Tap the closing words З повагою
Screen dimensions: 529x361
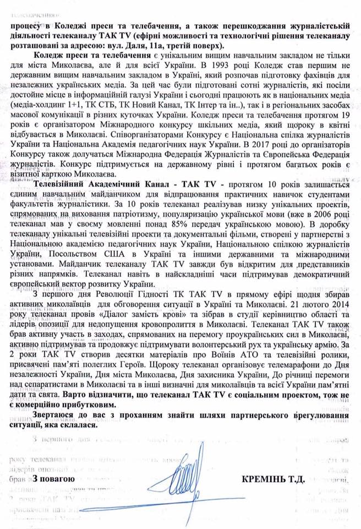click(x=53, y=479)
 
